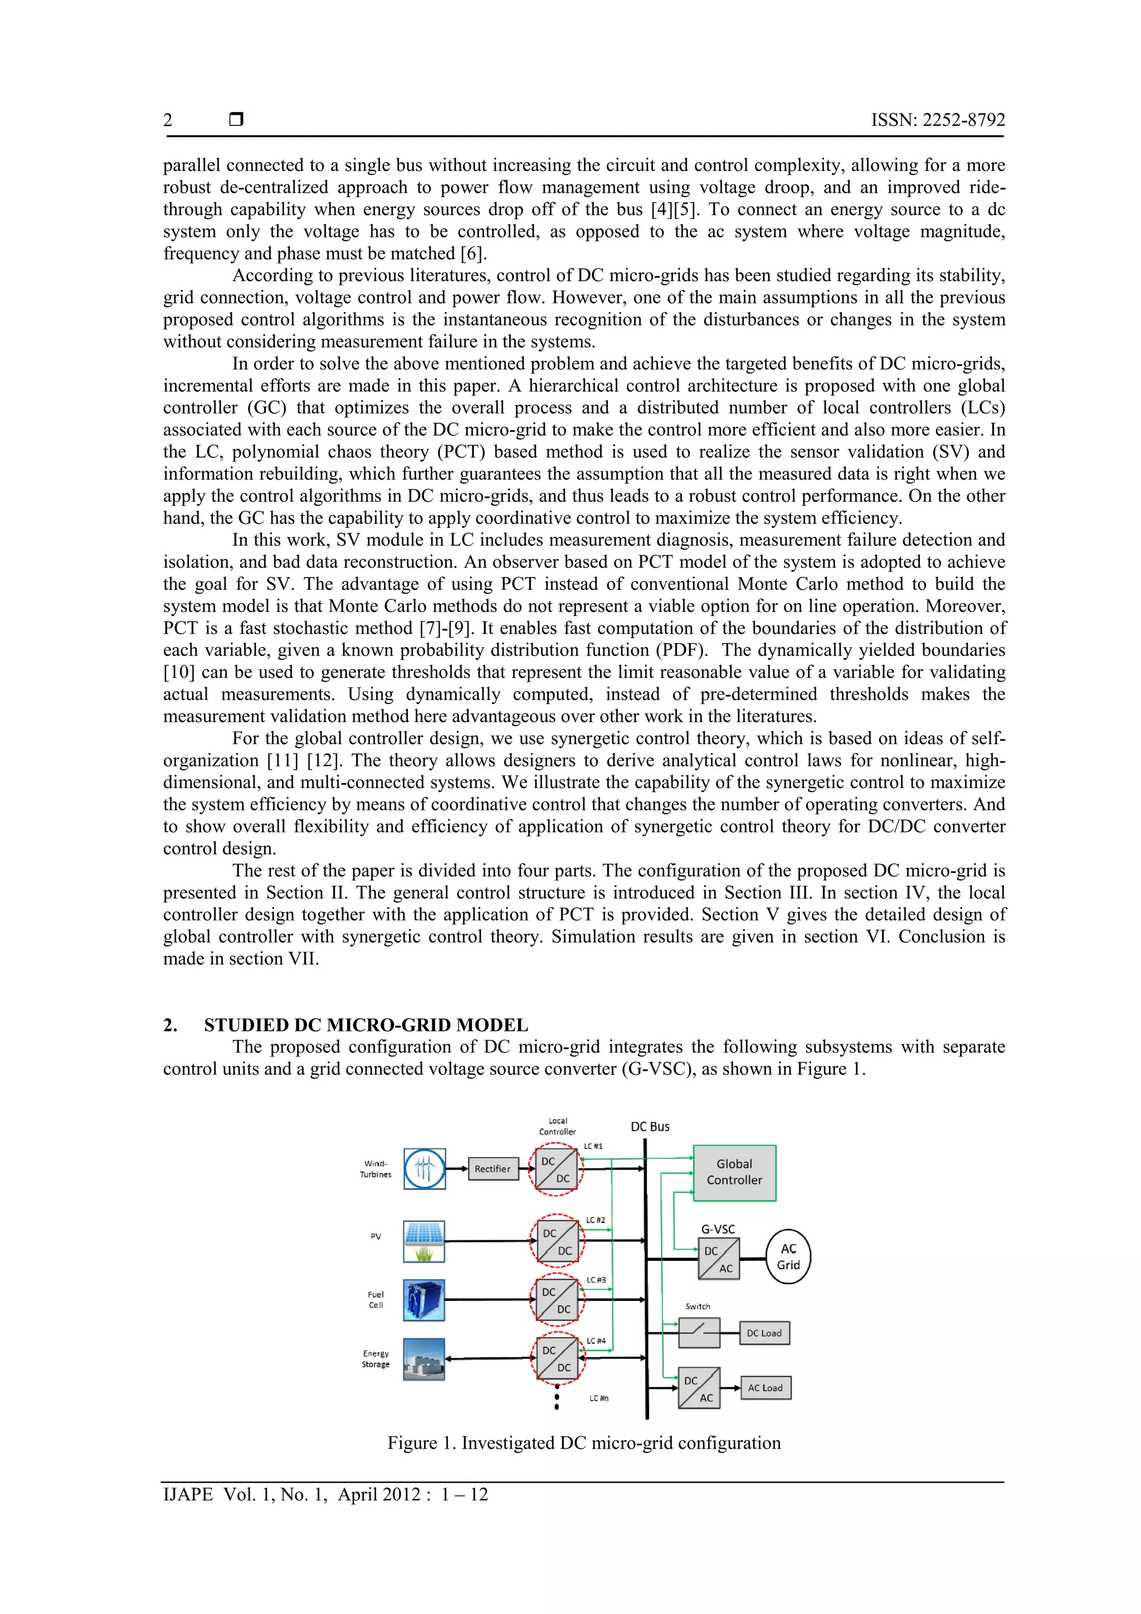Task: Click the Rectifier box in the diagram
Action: point(492,1169)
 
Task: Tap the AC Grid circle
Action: point(788,1257)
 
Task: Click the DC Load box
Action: point(764,1333)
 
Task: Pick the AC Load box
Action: point(765,1388)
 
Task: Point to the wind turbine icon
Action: point(424,1169)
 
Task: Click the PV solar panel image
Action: point(424,1242)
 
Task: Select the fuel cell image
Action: point(424,1300)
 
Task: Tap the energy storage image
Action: point(424,1359)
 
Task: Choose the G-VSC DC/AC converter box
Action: point(719,1259)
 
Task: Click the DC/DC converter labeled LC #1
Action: point(555,1170)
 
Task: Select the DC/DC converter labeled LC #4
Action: point(557,1359)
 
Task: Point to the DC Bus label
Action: point(650,1127)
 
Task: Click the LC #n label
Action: point(599,1398)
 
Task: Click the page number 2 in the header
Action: point(168,120)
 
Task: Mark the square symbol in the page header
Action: point(236,120)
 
